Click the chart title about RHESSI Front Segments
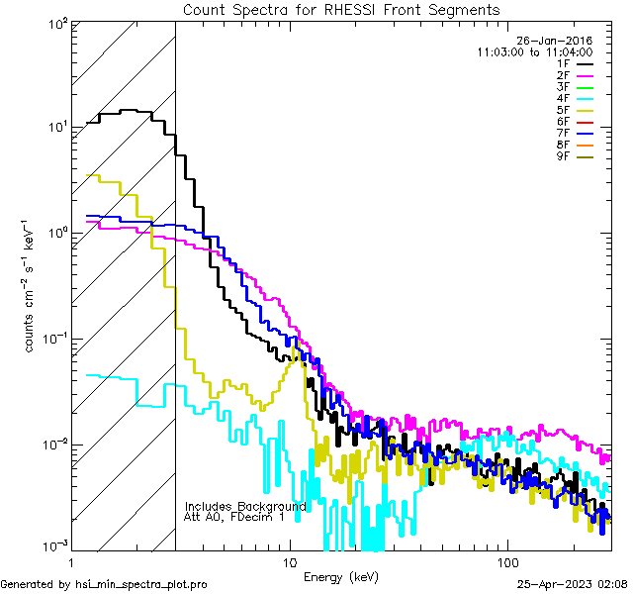tap(341, 9)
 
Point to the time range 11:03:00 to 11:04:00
tap(534, 52)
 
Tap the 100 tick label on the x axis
tap(505, 560)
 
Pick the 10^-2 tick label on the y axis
tap(53, 444)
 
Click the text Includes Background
tap(245, 506)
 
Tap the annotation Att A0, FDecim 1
tap(234, 517)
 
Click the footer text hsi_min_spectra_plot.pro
tap(141, 585)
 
